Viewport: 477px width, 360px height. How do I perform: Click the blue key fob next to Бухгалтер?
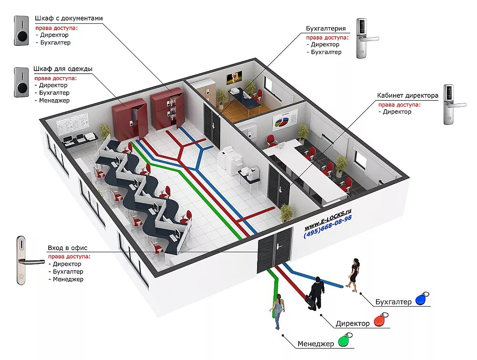421,299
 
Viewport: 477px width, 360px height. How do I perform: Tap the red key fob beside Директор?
380,320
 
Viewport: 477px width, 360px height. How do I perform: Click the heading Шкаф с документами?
68,18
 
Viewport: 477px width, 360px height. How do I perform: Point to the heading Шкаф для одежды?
63,69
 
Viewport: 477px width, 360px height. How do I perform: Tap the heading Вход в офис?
68,248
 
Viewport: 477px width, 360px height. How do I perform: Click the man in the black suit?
316,293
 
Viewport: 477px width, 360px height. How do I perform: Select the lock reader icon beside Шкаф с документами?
21,31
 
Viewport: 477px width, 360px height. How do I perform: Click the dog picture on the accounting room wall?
234,77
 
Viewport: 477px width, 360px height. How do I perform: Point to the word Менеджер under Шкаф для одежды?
54,101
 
